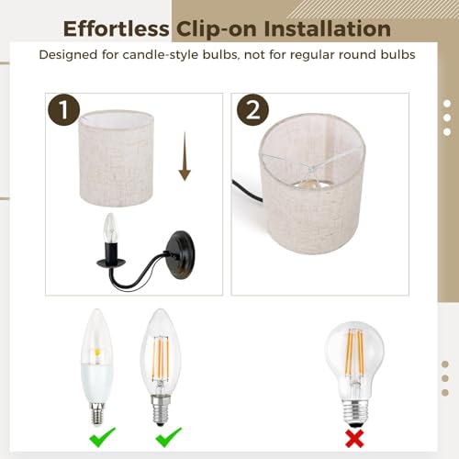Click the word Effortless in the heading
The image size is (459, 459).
click(116, 28)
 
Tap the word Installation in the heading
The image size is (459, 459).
click(327, 28)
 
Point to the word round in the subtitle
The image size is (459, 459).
click(351, 55)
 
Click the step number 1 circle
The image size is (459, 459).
click(64, 109)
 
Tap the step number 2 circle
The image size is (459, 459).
click(252, 110)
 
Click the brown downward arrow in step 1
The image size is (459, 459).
click(185, 156)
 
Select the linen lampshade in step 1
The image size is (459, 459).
click(117, 158)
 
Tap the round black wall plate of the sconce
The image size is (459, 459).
click(181, 255)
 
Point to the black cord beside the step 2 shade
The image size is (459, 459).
click(247, 191)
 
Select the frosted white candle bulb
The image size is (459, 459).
click(97, 366)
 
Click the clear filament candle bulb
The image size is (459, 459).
click(161, 367)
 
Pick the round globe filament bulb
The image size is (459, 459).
click(354, 374)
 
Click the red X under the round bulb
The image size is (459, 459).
click(354, 439)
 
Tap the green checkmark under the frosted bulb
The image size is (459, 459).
click(102, 437)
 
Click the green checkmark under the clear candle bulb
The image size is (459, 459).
click(169, 437)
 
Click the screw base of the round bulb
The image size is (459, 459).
click(354, 411)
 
